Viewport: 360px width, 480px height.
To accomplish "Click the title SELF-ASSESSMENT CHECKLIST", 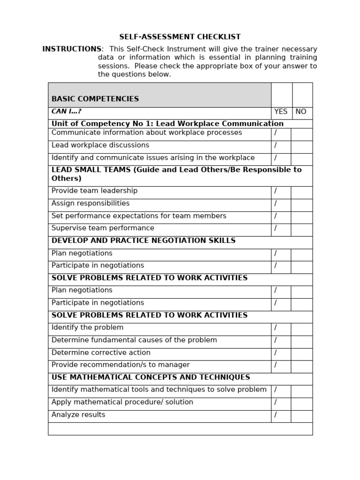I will point(180,37).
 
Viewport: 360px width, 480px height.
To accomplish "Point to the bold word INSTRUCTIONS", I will point(72,49).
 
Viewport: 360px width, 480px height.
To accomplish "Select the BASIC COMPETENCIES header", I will point(95,99).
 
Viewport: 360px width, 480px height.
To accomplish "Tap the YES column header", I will point(281,112).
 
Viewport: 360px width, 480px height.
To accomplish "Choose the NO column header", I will point(301,112).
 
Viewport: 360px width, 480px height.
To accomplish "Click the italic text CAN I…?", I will point(67,112).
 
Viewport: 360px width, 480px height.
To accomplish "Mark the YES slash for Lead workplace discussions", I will point(276,145).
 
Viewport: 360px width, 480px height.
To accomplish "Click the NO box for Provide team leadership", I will point(301,192).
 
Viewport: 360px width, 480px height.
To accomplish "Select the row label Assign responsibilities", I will point(90,203).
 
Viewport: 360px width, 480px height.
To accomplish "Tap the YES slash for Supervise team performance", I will point(276,228).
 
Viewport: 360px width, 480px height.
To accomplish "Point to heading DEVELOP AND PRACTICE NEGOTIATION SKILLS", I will point(143,241).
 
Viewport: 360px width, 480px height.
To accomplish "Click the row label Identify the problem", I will point(88,328).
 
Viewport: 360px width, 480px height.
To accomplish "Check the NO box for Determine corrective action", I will point(301,353).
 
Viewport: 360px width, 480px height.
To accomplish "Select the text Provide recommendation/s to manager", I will point(120,365).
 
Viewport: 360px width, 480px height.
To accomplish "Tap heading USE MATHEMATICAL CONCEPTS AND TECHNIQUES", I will point(150,377).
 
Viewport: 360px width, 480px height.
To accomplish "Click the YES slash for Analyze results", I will point(276,415).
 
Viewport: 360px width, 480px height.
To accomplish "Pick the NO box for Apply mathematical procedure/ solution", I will point(301,403).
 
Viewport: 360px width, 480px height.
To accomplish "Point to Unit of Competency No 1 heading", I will point(167,124).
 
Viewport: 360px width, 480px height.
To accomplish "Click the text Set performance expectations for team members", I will point(139,216).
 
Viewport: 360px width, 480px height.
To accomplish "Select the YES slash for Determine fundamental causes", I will point(276,340).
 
